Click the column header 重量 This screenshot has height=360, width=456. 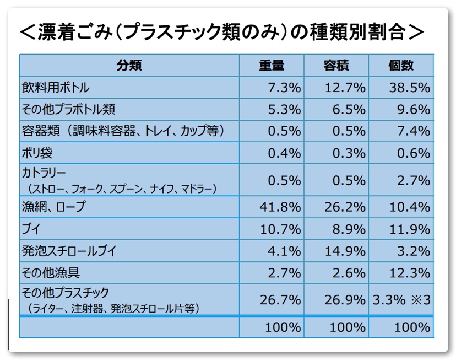pos(272,66)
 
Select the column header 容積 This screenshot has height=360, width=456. pos(336,66)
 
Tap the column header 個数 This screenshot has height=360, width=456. pos(400,66)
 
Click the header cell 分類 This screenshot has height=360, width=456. pos(129,66)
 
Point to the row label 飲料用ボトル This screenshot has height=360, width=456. pos(56,88)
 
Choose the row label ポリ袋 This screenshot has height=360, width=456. pos(37,153)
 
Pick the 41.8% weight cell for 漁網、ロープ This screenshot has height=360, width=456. pos(280,207)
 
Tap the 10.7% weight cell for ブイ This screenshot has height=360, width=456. pos(280,229)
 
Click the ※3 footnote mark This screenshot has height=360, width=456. pos(420,300)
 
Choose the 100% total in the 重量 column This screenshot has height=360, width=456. pos(283,327)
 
